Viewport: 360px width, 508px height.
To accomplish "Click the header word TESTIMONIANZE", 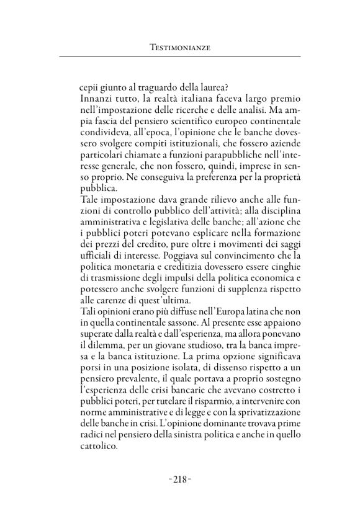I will tap(179, 47).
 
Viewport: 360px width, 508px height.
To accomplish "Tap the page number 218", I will tap(179, 478).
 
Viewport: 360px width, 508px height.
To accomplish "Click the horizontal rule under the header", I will tap(179, 57).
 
